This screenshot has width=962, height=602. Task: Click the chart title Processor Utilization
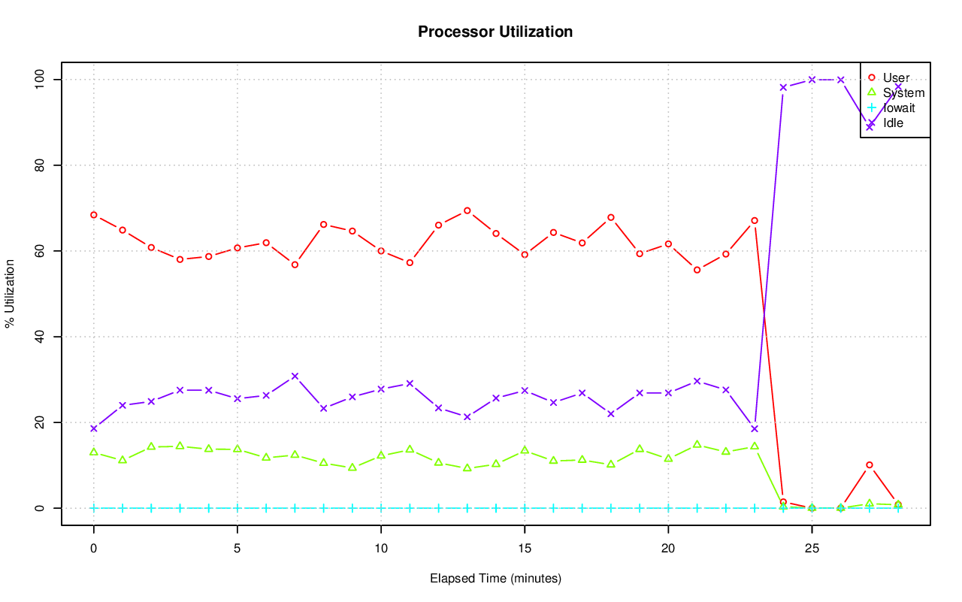[495, 32]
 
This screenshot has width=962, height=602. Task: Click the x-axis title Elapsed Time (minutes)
[495, 579]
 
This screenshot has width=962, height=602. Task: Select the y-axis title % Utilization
[10, 293]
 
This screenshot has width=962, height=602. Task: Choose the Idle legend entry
[893, 123]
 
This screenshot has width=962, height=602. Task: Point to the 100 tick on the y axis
[39, 79]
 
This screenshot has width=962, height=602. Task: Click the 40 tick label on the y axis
[39, 337]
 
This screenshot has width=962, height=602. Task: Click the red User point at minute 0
[94, 215]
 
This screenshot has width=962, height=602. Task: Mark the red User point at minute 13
[467, 210]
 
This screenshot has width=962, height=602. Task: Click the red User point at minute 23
[755, 220]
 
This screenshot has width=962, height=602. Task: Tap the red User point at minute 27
[870, 464]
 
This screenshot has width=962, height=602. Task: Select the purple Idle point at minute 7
[295, 376]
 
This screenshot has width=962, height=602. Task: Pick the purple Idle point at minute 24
[783, 87]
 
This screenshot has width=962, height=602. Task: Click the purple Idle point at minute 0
[94, 428]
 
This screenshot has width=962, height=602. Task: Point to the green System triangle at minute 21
[697, 444]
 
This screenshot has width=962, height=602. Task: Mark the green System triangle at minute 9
[352, 467]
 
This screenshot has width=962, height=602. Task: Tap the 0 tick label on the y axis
[39, 508]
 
